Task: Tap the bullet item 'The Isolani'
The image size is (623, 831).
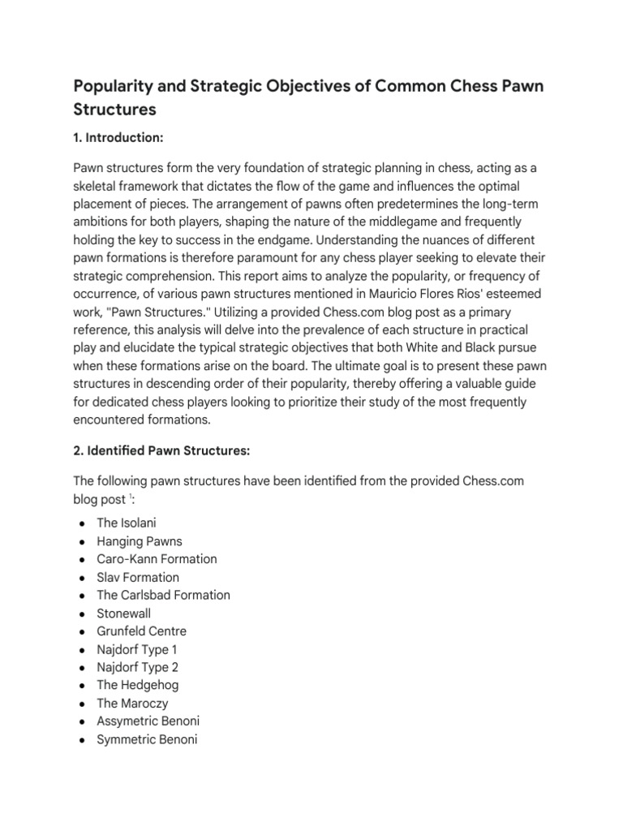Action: [126, 523]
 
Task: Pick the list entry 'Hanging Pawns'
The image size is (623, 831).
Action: [140, 541]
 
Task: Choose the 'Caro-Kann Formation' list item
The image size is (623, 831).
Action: [157, 559]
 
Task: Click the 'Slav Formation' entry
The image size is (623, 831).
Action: [138, 577]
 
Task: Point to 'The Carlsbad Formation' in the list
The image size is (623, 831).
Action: [163, 595]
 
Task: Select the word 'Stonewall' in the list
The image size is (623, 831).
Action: [123, 614]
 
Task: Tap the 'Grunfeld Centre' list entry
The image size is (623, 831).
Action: [142, 631]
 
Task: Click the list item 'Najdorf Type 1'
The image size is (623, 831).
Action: [137, 649]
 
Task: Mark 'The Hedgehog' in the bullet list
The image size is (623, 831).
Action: [137, 685]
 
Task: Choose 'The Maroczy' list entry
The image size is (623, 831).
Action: [132, 704]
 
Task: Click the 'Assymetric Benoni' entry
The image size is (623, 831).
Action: [148, 721]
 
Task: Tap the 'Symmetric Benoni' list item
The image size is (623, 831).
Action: [147, 739]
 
